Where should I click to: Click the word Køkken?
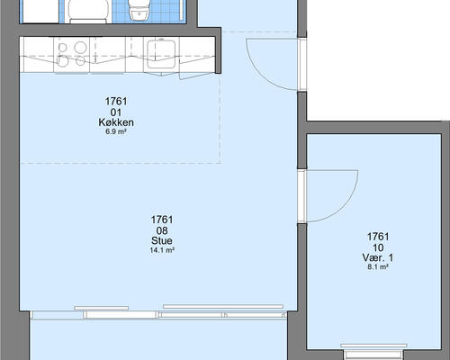[116, 122]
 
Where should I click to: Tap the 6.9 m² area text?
[116, 131]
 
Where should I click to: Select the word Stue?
[162, 240]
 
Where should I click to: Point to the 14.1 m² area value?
[162, 250]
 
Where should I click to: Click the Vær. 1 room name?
[378, 257]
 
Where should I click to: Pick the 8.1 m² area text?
[378, 266]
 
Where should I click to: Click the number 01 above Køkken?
[116, 112]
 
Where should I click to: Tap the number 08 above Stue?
[162, 230]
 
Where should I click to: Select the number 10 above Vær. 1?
[378, 247]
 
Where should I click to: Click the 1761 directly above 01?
[116, 102]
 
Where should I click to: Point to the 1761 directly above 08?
[162, 220]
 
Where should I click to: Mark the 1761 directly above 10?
[378, 237]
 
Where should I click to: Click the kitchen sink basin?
[161, 54]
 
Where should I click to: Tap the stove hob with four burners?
[72, 55]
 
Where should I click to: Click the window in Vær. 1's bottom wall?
[373, 352]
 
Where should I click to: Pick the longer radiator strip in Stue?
[223, 307]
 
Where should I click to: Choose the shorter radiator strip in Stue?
[102, 308]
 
